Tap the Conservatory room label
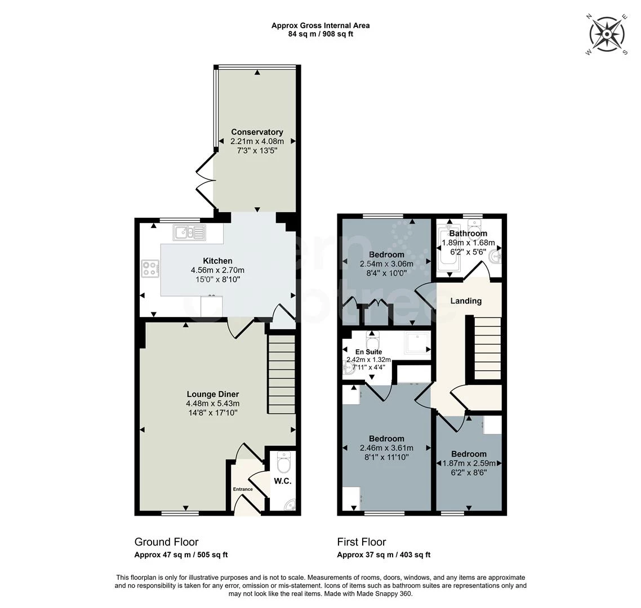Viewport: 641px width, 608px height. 257,132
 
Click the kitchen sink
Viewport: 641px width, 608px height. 190,232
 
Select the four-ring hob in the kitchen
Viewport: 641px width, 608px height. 150,269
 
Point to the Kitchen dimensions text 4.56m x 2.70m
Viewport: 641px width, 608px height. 217,270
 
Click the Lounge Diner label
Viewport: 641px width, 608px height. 213,394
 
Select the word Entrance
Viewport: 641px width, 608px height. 243,489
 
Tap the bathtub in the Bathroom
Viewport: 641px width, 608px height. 449,248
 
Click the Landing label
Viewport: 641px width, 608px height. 466,301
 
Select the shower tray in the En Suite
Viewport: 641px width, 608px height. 417,343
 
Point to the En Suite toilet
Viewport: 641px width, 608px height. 372,341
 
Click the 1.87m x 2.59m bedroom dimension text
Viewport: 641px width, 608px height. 469,463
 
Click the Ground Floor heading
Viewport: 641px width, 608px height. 166,542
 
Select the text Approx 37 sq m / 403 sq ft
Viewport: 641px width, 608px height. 384,555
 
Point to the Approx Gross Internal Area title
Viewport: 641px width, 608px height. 320,25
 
